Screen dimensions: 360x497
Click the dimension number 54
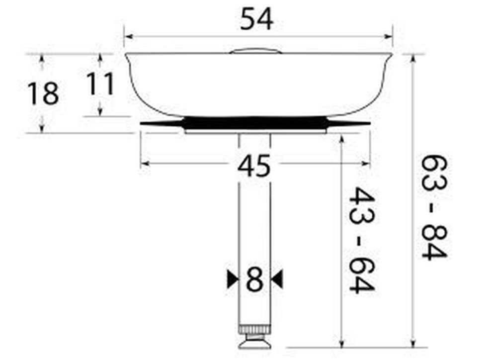pos(256,20)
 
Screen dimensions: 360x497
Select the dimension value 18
pos(43,93)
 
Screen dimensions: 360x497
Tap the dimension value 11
pos(100,84)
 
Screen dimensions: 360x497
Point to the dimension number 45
pos(254,166)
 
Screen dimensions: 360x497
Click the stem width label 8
pos(254,280)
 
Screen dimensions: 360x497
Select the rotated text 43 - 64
pos(361,240)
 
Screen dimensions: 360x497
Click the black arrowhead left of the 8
pos(232,279)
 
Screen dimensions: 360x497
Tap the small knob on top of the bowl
pos(255,50)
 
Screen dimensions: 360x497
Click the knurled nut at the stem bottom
pos(255,330)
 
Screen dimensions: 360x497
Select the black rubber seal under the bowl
pos(255,122)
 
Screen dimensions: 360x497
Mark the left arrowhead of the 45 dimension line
pos(144,163)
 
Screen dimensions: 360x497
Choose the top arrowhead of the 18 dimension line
pos(42,58)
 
